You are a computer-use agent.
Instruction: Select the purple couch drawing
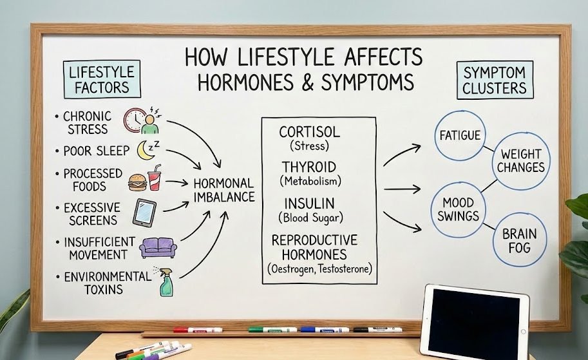(x=157, y=246)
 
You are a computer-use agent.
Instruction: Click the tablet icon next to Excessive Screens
(x=144, y=212)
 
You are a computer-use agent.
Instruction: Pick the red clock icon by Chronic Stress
(x=136, y=120)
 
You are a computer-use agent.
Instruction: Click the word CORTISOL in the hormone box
(x=310, y=132)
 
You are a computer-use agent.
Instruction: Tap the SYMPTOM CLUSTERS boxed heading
(x=494, y=81)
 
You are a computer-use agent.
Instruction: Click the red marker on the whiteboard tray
(x=197, y=329)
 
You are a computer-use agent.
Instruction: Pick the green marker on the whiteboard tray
(x=272, y=329)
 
